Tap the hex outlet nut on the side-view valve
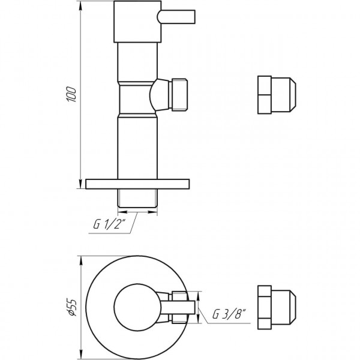[179, 95]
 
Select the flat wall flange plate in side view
[137, 184]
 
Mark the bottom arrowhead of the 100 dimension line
[81, 185]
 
